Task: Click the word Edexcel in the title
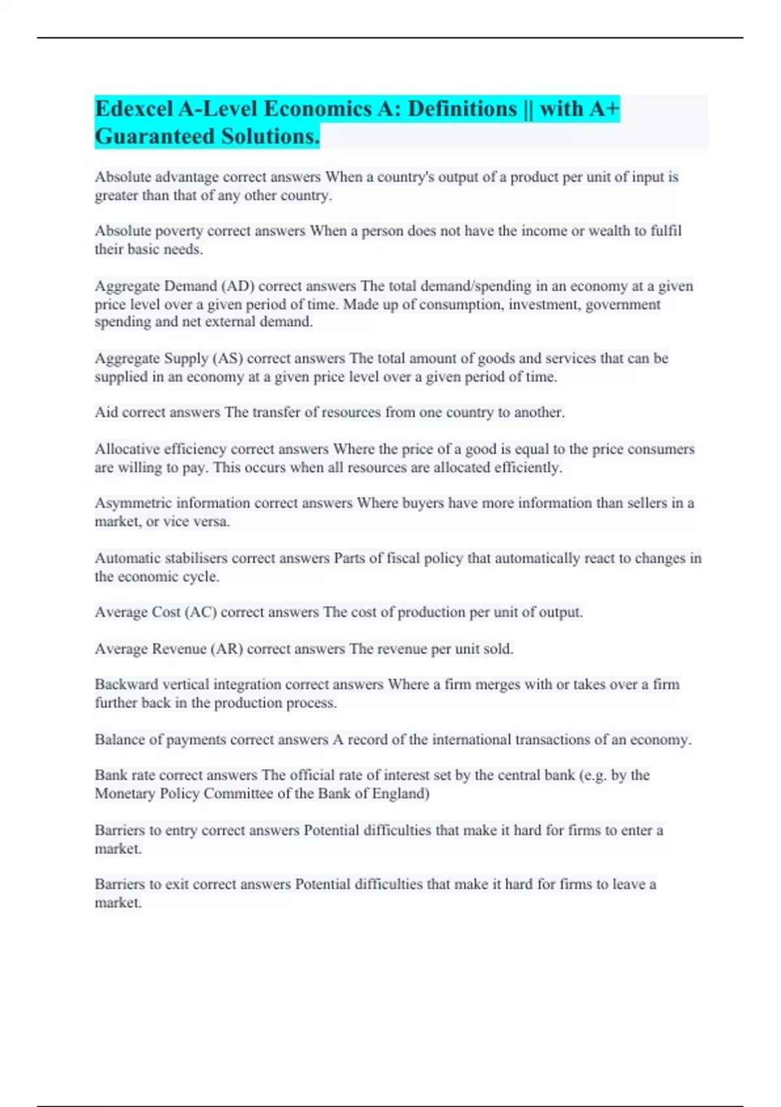[133, 109]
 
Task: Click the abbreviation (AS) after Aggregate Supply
[228, 358]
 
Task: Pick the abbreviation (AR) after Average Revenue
[226, 649]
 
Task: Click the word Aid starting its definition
[106, 412]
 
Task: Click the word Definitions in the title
[462, 109]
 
